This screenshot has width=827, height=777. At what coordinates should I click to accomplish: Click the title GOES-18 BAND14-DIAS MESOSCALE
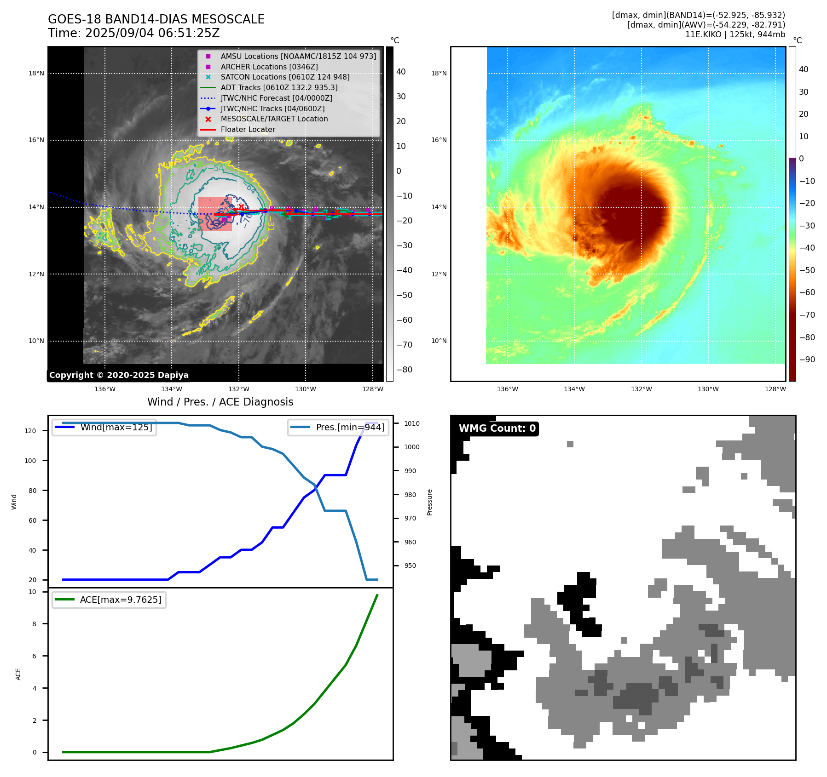coord(156,19)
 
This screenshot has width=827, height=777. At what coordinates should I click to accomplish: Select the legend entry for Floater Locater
coord(248,130)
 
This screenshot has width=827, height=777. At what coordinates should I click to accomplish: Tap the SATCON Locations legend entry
coord(285,77)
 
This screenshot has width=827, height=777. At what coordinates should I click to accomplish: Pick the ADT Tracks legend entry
coord(279,88)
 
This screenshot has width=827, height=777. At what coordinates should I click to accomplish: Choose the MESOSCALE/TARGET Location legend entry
coord(274,119)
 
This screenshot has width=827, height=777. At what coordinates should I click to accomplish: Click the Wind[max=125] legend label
coord(116,428)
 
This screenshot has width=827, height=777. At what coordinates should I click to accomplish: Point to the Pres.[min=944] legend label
coord(350,428)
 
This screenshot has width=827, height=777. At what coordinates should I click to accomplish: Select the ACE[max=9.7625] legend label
coord(121,600)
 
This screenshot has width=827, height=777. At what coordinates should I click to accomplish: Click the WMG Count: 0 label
coord(497,428)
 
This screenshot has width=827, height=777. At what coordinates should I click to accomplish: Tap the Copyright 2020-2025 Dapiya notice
coord(119,375)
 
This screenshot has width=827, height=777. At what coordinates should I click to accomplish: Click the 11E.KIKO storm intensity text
coord(735,34)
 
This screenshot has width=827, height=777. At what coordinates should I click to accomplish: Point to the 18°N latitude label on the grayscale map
coord(36,74)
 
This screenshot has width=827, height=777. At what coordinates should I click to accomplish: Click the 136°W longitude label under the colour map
coord(508,389)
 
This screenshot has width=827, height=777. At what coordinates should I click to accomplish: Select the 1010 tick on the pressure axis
coord(412,423)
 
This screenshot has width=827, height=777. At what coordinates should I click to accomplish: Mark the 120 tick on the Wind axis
coord(30,431)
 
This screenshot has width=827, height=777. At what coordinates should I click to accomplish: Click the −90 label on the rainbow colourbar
coord(807,360)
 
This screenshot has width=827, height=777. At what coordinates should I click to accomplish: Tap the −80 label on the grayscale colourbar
coord(405,370)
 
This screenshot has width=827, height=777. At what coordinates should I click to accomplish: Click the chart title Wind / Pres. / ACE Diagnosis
coord(220,402)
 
